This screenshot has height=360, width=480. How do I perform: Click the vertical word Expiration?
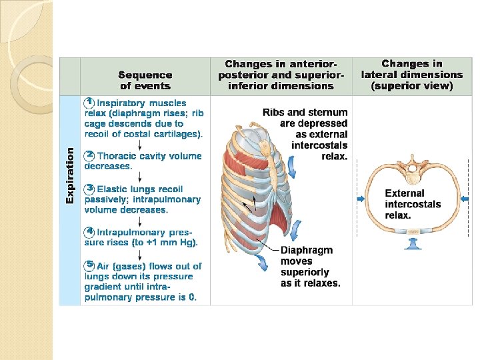click(70, 175)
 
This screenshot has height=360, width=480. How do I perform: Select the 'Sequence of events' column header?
click(145, 80)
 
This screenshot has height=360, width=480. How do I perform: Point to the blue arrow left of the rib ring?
click(361, 199)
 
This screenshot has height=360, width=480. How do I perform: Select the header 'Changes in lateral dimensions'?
click(411, 75)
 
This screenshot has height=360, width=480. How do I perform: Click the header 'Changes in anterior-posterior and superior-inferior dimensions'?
click(281, 75)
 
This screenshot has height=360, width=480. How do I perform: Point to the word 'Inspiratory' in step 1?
click(121, 103)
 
